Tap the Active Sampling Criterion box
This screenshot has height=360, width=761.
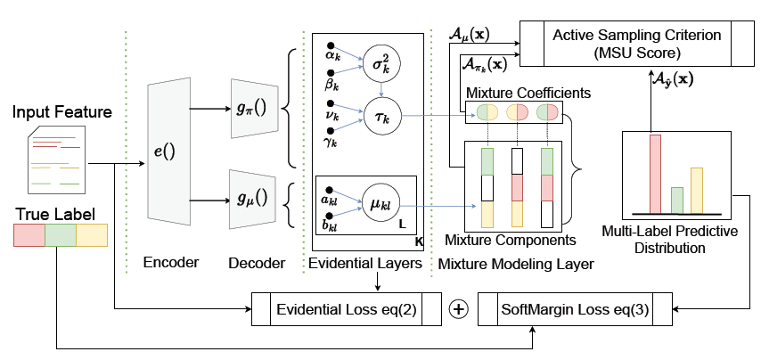636,43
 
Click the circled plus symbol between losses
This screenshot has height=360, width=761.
459,309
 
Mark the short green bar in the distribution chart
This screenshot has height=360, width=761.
676,200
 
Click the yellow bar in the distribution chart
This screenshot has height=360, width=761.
697,191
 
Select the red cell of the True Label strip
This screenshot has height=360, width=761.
29,235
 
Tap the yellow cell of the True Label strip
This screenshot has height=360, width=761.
92,235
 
